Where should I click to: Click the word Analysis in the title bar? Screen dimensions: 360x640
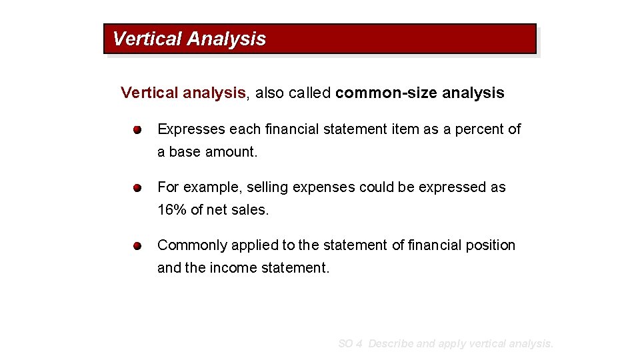[227, 39]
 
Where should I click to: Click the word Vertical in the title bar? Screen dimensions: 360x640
[147, 39]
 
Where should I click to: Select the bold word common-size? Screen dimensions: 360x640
[377, 93]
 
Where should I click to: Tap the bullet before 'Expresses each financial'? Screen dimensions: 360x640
[137, 129]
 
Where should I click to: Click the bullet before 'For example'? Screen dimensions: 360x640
[137, 188]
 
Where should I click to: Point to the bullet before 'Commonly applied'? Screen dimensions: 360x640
[137, 246]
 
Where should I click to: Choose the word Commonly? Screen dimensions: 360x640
[192, 245]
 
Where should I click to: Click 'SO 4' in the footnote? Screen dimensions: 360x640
[350, 344]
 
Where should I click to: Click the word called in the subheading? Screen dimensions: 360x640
[309, 93]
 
